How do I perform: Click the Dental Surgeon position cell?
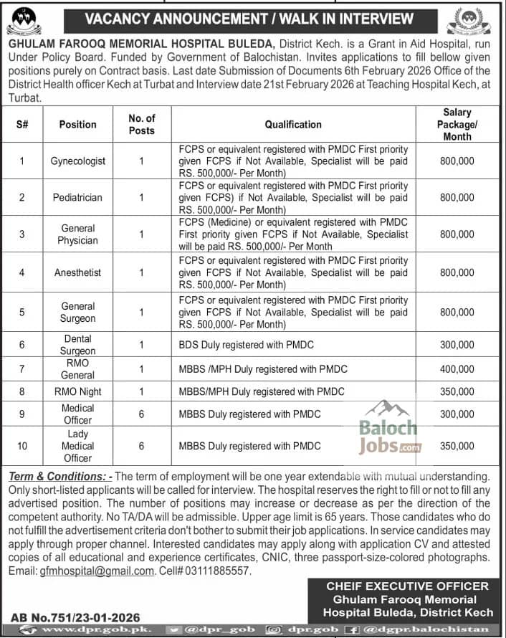point(78,345)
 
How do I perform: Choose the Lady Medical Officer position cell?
point(77,446)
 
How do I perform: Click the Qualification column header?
point(293,124)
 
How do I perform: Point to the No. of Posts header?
point(141,124)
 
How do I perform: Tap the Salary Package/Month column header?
point(457,124)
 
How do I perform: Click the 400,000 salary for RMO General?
point(457,368)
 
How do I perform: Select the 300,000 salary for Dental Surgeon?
point(457,345)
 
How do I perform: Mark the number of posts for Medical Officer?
point(141,414)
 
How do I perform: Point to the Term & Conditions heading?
point(59,477)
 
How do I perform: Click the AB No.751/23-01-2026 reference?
point(75,616)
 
